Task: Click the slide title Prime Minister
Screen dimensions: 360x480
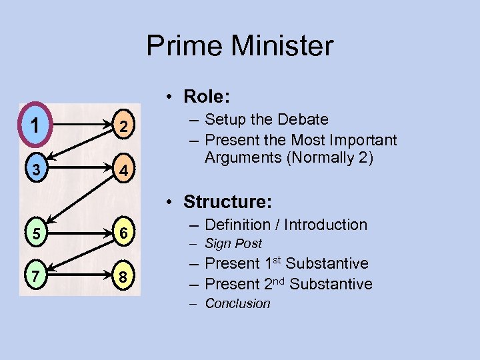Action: (x=239, y=46)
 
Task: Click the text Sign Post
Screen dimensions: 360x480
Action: (x=233, y=244)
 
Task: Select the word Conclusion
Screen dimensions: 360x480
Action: (x=237, y=304)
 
